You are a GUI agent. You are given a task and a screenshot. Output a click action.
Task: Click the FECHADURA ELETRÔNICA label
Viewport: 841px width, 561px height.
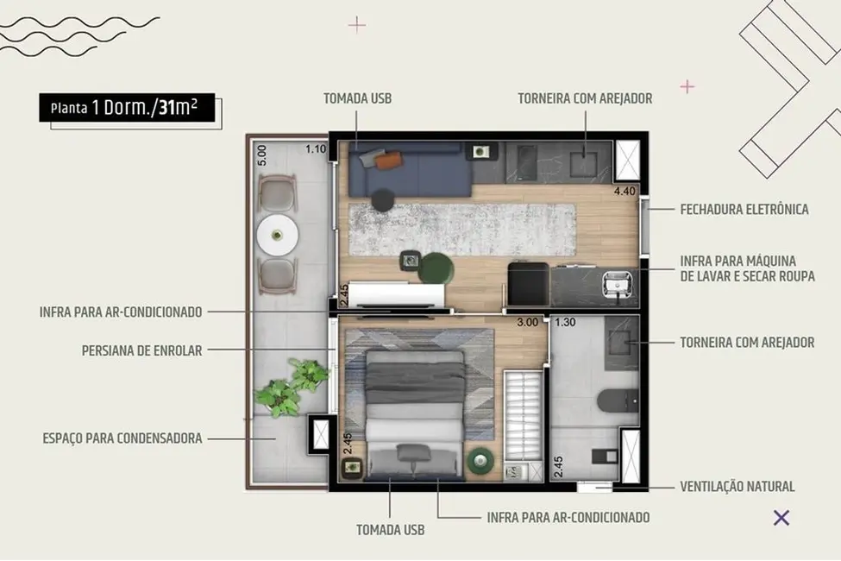click(744, 210)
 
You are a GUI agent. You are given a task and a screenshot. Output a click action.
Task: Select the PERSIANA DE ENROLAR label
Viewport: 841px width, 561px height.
click(141, 351)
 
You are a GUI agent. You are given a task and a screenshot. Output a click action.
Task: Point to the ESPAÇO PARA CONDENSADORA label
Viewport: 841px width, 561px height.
click(122, 438)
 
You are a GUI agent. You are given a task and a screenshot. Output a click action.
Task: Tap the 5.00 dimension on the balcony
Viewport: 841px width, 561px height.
click(262, 155)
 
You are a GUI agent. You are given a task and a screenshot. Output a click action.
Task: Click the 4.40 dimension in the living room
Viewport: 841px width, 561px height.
click(624, 192)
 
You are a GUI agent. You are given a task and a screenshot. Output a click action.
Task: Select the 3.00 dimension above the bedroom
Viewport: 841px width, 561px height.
click(527, 323)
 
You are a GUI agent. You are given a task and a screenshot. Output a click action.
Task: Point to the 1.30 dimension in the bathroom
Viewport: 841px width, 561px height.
click(566, 323)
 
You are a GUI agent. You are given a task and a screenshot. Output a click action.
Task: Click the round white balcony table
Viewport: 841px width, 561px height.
click(278, 233)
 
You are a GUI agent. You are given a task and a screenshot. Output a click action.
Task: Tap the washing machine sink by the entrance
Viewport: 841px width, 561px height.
click(618, 282)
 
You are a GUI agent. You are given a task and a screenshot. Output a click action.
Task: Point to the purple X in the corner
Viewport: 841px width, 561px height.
click(781, 518)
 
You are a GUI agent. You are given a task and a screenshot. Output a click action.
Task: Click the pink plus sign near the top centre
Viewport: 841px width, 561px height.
click(356, 24)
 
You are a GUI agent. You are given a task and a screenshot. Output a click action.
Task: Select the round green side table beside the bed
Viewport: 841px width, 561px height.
click(479, 462)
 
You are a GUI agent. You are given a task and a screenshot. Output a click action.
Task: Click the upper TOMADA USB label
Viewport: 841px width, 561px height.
click(357, 98)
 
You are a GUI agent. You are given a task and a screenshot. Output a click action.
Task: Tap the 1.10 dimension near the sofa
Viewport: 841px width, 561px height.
click(316, 149)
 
